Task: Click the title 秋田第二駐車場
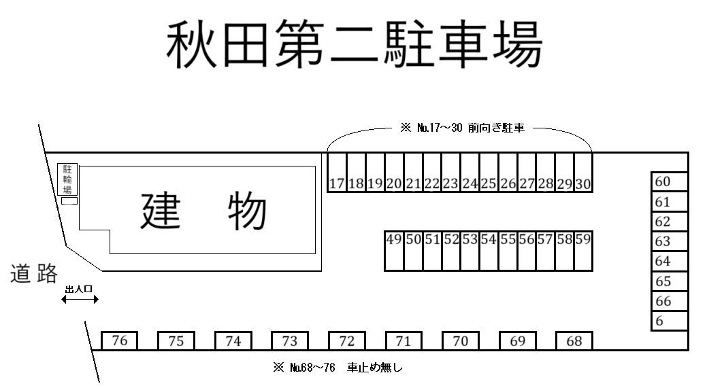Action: (355, 43)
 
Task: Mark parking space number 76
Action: (120, 340)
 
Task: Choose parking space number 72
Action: (347, 340)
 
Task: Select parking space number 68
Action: (574, 340)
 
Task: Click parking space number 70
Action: (461, 340)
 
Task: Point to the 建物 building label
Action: (203, 211)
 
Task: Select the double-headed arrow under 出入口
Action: (80, 299)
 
